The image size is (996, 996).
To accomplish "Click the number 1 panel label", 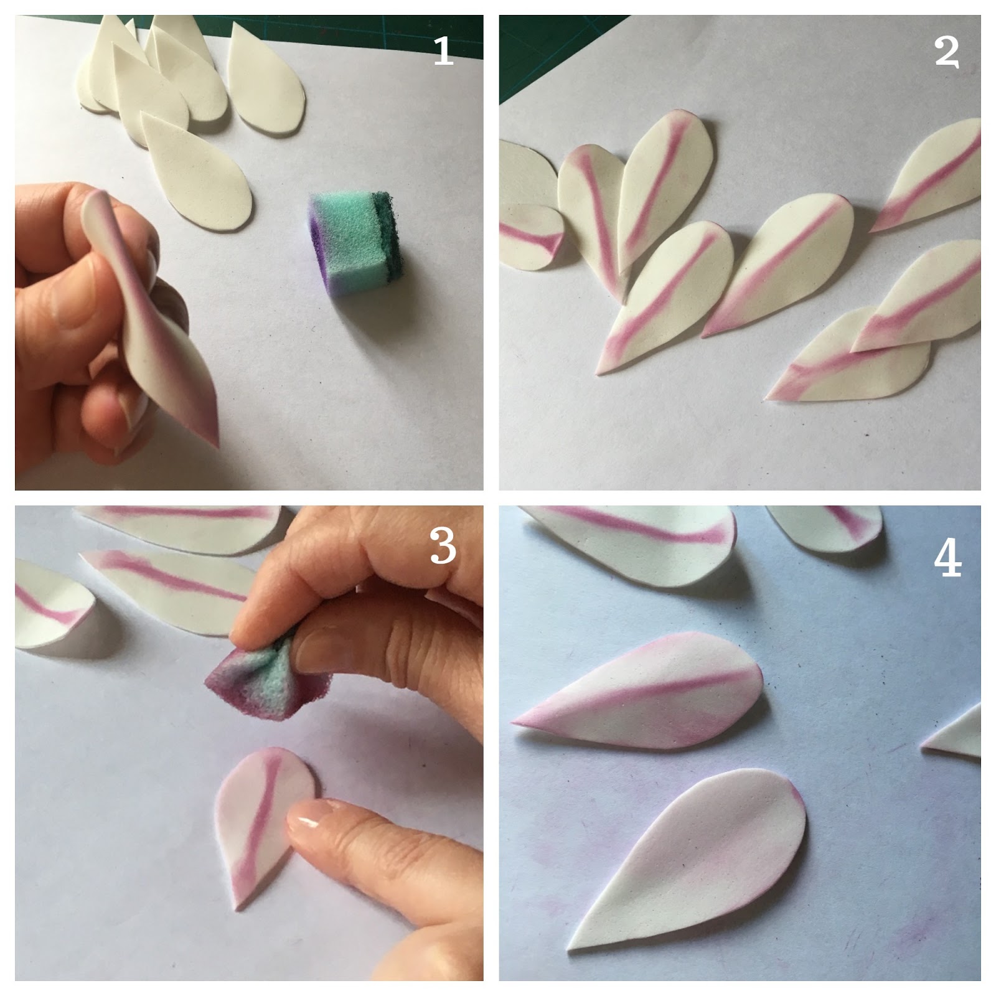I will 443,52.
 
